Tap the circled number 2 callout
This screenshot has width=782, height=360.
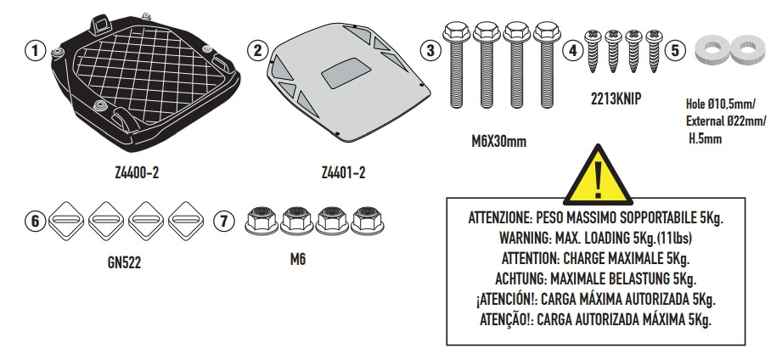(237, 50)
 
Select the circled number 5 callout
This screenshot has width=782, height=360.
(676, 50)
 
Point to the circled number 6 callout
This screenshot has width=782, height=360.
(34, 221)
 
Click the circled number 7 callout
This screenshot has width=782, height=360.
(222, 221)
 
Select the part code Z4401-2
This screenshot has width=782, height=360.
(344, 173)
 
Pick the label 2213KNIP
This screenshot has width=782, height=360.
(616, 98)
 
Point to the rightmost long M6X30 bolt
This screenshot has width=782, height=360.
(543, 64)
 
